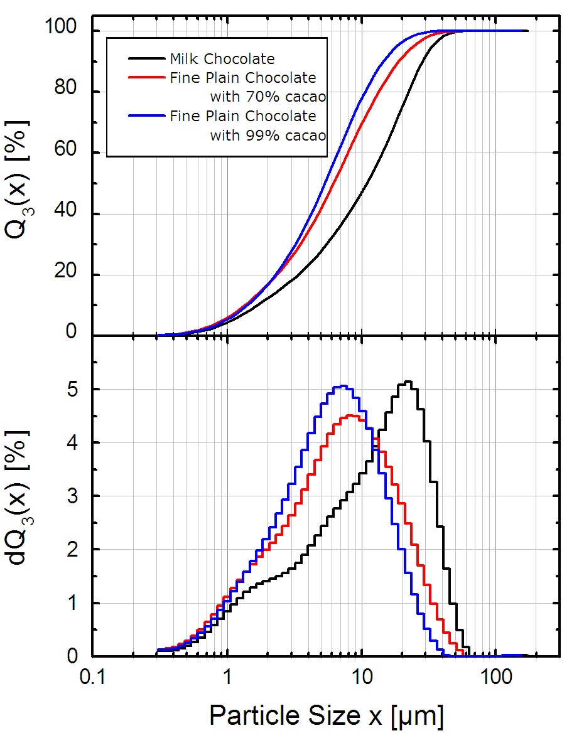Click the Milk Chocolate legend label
coord(222,59)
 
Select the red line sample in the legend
coord(148,78)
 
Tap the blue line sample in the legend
coord(148,116)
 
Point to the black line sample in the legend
coord(148,59)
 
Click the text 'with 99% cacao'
coord(268,135)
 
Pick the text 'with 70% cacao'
coord(268,97)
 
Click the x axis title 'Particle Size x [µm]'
coord(326,715)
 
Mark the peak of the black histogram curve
coord(408,382)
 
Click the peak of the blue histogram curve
coord(342,386)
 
